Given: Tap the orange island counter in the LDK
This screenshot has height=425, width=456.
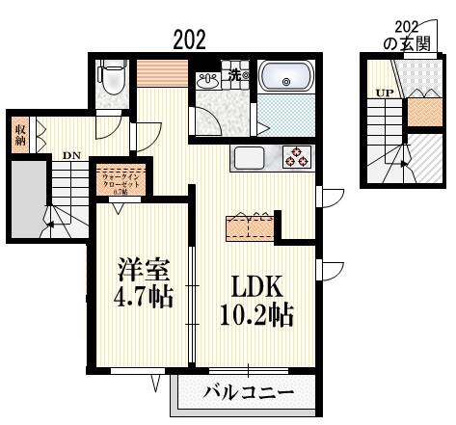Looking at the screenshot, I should click(x=250, y=226).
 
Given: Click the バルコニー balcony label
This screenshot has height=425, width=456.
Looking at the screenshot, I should click(x=249, y=392).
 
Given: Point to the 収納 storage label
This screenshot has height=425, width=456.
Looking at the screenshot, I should click(x=19, y=134).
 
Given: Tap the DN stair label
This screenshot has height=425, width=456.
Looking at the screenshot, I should click(x=71, y=154).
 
